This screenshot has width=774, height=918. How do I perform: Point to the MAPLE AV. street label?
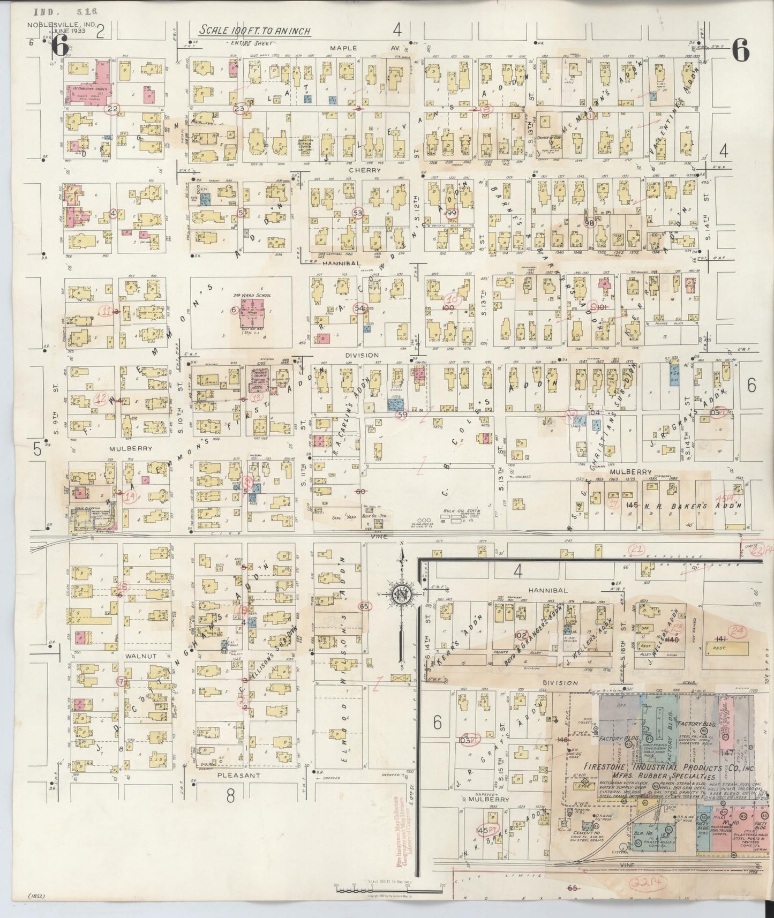pyautogui.click(x=343, y=48)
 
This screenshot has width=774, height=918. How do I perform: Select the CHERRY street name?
pyautogui.click(x=349, y=170)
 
